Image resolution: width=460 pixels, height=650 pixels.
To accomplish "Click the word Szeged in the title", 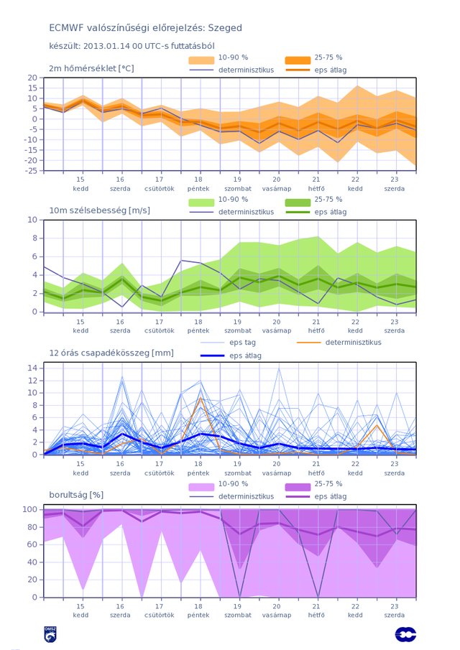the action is click(225, 28).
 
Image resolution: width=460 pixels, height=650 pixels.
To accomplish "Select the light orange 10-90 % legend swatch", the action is click(201, 60).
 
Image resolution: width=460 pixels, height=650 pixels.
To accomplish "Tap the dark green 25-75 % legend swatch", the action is click(298, 203).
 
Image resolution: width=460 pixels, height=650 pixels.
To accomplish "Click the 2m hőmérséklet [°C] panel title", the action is click(91, 68).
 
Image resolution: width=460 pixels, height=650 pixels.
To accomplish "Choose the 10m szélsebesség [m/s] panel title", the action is click(100, 210).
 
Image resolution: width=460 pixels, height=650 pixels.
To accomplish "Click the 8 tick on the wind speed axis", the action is click(34, 238).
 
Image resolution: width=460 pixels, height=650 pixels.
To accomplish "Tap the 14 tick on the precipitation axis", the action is click(33, 368).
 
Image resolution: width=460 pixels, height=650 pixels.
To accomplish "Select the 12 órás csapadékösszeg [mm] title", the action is click(111, 353).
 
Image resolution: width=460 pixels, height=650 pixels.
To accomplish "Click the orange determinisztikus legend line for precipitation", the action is click(309, 343).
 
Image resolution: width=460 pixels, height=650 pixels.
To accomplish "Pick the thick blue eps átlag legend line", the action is click(213, 356).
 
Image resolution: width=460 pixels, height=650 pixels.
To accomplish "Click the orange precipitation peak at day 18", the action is click(201, 398).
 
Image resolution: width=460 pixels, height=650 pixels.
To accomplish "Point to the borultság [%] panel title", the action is click(76, 495).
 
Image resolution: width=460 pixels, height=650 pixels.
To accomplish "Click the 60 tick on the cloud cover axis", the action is click(33, 544).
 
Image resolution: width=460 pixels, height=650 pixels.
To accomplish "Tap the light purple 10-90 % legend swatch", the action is click(201, 487).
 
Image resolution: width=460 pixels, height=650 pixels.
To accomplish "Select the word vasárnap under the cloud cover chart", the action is click(277, 616).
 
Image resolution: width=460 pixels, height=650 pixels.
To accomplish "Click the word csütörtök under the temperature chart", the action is click(160, 189).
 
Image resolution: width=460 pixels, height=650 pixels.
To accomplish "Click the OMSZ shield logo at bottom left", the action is click(50, 634).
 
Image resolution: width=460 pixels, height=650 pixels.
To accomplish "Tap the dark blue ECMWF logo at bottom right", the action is click(405, 634).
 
